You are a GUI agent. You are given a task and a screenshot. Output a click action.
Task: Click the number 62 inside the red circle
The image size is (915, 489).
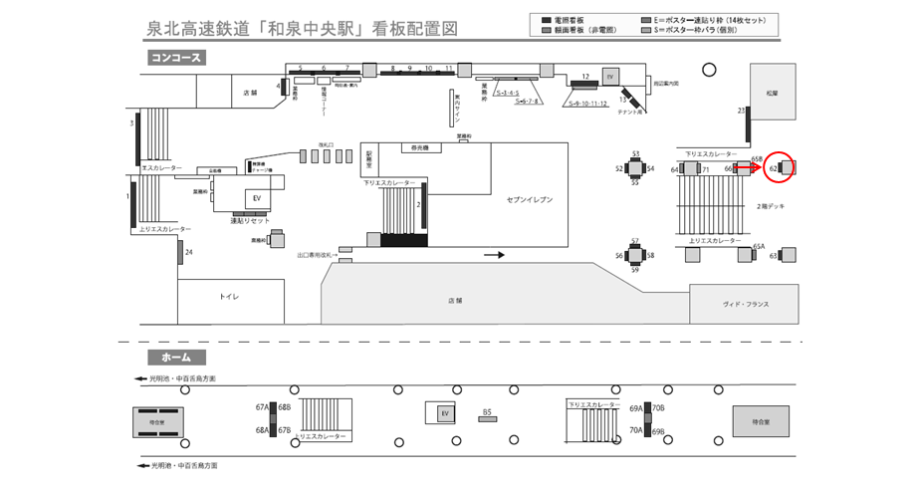tap(774, 169)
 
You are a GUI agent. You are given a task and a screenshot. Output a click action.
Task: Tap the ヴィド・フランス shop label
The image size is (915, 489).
tap(746, 304)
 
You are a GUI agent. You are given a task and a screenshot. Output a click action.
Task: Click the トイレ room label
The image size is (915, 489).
tap(229, 297)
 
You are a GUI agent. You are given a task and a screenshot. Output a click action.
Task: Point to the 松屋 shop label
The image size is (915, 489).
tap(773, 91)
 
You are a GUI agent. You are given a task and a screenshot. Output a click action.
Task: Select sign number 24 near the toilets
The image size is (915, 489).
tap(189, 252)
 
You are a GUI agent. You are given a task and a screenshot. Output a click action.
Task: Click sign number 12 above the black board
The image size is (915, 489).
tap(585, 76)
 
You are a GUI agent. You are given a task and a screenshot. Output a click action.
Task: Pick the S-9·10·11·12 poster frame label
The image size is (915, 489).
tap(588, 103)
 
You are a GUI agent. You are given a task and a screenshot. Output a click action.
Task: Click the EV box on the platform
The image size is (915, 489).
tap(446, 413)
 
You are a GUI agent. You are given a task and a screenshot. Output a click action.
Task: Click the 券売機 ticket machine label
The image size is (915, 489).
tap(419, 147)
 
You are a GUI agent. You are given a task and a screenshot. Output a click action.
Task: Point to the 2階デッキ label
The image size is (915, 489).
tap(771, 205)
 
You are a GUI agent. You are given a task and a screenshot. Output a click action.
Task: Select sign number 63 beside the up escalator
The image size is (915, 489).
tap(774, 256)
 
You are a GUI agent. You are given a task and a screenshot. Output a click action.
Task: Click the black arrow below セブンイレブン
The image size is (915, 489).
tap(494, 255)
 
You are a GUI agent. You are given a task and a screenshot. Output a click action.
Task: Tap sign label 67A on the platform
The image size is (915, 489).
tap(262, 407)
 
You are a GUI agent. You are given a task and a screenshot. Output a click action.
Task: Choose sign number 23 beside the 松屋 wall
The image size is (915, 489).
tap(742, 110)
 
